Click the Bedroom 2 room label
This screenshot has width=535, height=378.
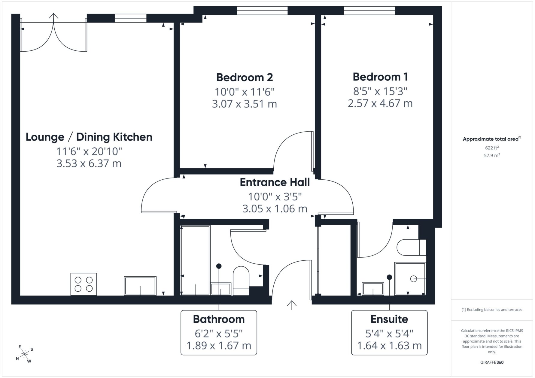tap(245, 77)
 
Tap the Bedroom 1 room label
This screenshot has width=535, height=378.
tap(380, 77)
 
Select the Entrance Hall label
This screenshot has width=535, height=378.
tap(275, 182)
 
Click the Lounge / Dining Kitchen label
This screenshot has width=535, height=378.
tap(89, 137)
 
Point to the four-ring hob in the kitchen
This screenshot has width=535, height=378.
tap(84, 284)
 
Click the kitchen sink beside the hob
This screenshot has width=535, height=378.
tap(140, 286)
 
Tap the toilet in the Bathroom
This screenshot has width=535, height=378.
tap(241, 281)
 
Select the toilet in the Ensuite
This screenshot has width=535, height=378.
tap(411, 247)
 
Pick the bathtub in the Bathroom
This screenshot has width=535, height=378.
tap(195, 260)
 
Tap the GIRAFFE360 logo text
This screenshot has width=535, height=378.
tap(492, 362)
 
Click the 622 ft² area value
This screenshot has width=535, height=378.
tap(492, 148)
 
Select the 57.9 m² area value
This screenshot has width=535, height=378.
tap(492, 155)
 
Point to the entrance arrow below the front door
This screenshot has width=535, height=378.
tap(292, 305)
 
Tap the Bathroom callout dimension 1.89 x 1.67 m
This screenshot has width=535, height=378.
tap(219, 346)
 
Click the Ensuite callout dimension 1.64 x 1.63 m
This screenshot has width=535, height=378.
tap(389, 346)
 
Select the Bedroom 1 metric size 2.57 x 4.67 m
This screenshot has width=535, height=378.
tap(380, 103)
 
